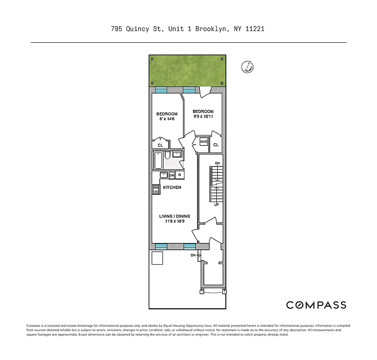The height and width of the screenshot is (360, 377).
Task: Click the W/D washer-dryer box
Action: click(204, 142)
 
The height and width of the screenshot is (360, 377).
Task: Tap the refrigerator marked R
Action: click(180, 175)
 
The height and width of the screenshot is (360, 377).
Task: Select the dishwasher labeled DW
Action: click(171, 175)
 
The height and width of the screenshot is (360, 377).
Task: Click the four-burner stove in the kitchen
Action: click(156, 189)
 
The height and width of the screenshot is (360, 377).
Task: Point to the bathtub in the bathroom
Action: click(159, 160)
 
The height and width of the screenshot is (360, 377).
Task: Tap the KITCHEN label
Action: click(172, 187)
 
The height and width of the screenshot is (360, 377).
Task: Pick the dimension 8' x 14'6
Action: click(166, 119)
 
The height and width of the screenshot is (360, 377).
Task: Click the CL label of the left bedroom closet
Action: click(160, 145)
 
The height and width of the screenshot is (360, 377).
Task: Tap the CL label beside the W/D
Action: click(216, 145)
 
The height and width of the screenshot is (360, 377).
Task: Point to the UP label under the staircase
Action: click(216, 205)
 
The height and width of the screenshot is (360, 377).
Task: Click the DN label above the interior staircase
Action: click(217, 163)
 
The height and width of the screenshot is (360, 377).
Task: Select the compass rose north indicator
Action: click(247, 67)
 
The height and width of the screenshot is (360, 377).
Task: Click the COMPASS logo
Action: click(316, 305)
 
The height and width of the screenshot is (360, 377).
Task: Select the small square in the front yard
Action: click(157, 258)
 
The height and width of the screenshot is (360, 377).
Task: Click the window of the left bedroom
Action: click(161, 90)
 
